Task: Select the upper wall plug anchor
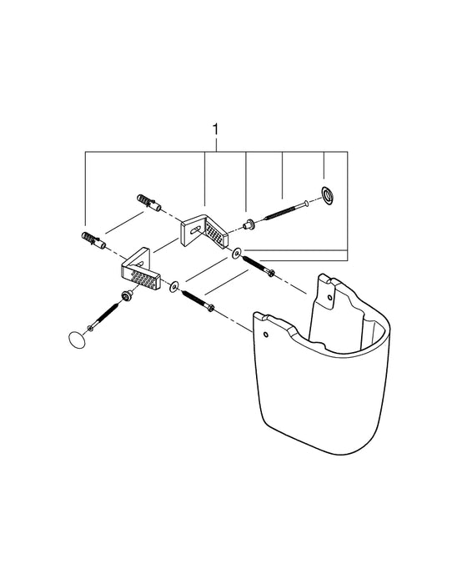coord(145,203)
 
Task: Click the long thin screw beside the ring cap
coord(288,206)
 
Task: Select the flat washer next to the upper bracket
coord(237,251)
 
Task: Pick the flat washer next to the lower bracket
coord(173,288)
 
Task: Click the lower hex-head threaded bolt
coord(198,302)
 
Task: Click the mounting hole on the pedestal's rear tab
coord(329,295)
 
